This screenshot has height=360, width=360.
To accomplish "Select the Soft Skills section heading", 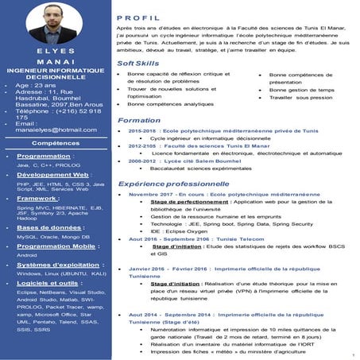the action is pos(137,63).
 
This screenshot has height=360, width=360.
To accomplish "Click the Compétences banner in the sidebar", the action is pos(53,143).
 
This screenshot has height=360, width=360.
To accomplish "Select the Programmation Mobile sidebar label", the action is pos(51,246).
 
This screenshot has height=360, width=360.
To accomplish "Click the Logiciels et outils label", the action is pos(47,283).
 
